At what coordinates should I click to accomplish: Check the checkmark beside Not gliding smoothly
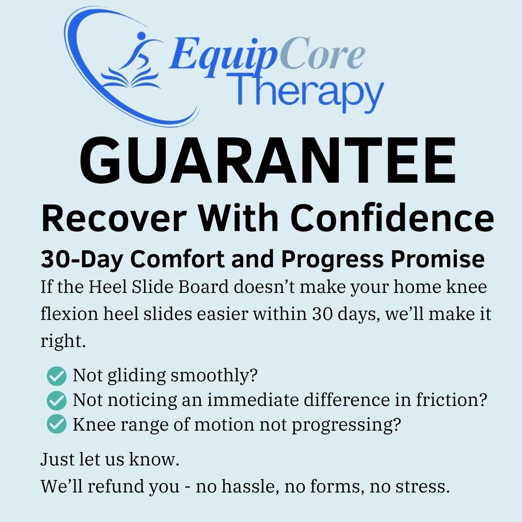pos(57,375)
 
